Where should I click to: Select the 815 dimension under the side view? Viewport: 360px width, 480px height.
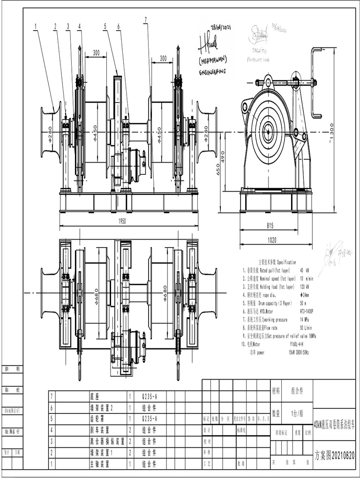(270, 225)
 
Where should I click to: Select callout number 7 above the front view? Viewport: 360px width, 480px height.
(146, 20)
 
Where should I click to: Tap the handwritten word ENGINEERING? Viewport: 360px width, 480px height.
(212, 72)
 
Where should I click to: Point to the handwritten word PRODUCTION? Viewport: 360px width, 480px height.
(258, 60)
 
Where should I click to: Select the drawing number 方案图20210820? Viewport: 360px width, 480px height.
(334, 455)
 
